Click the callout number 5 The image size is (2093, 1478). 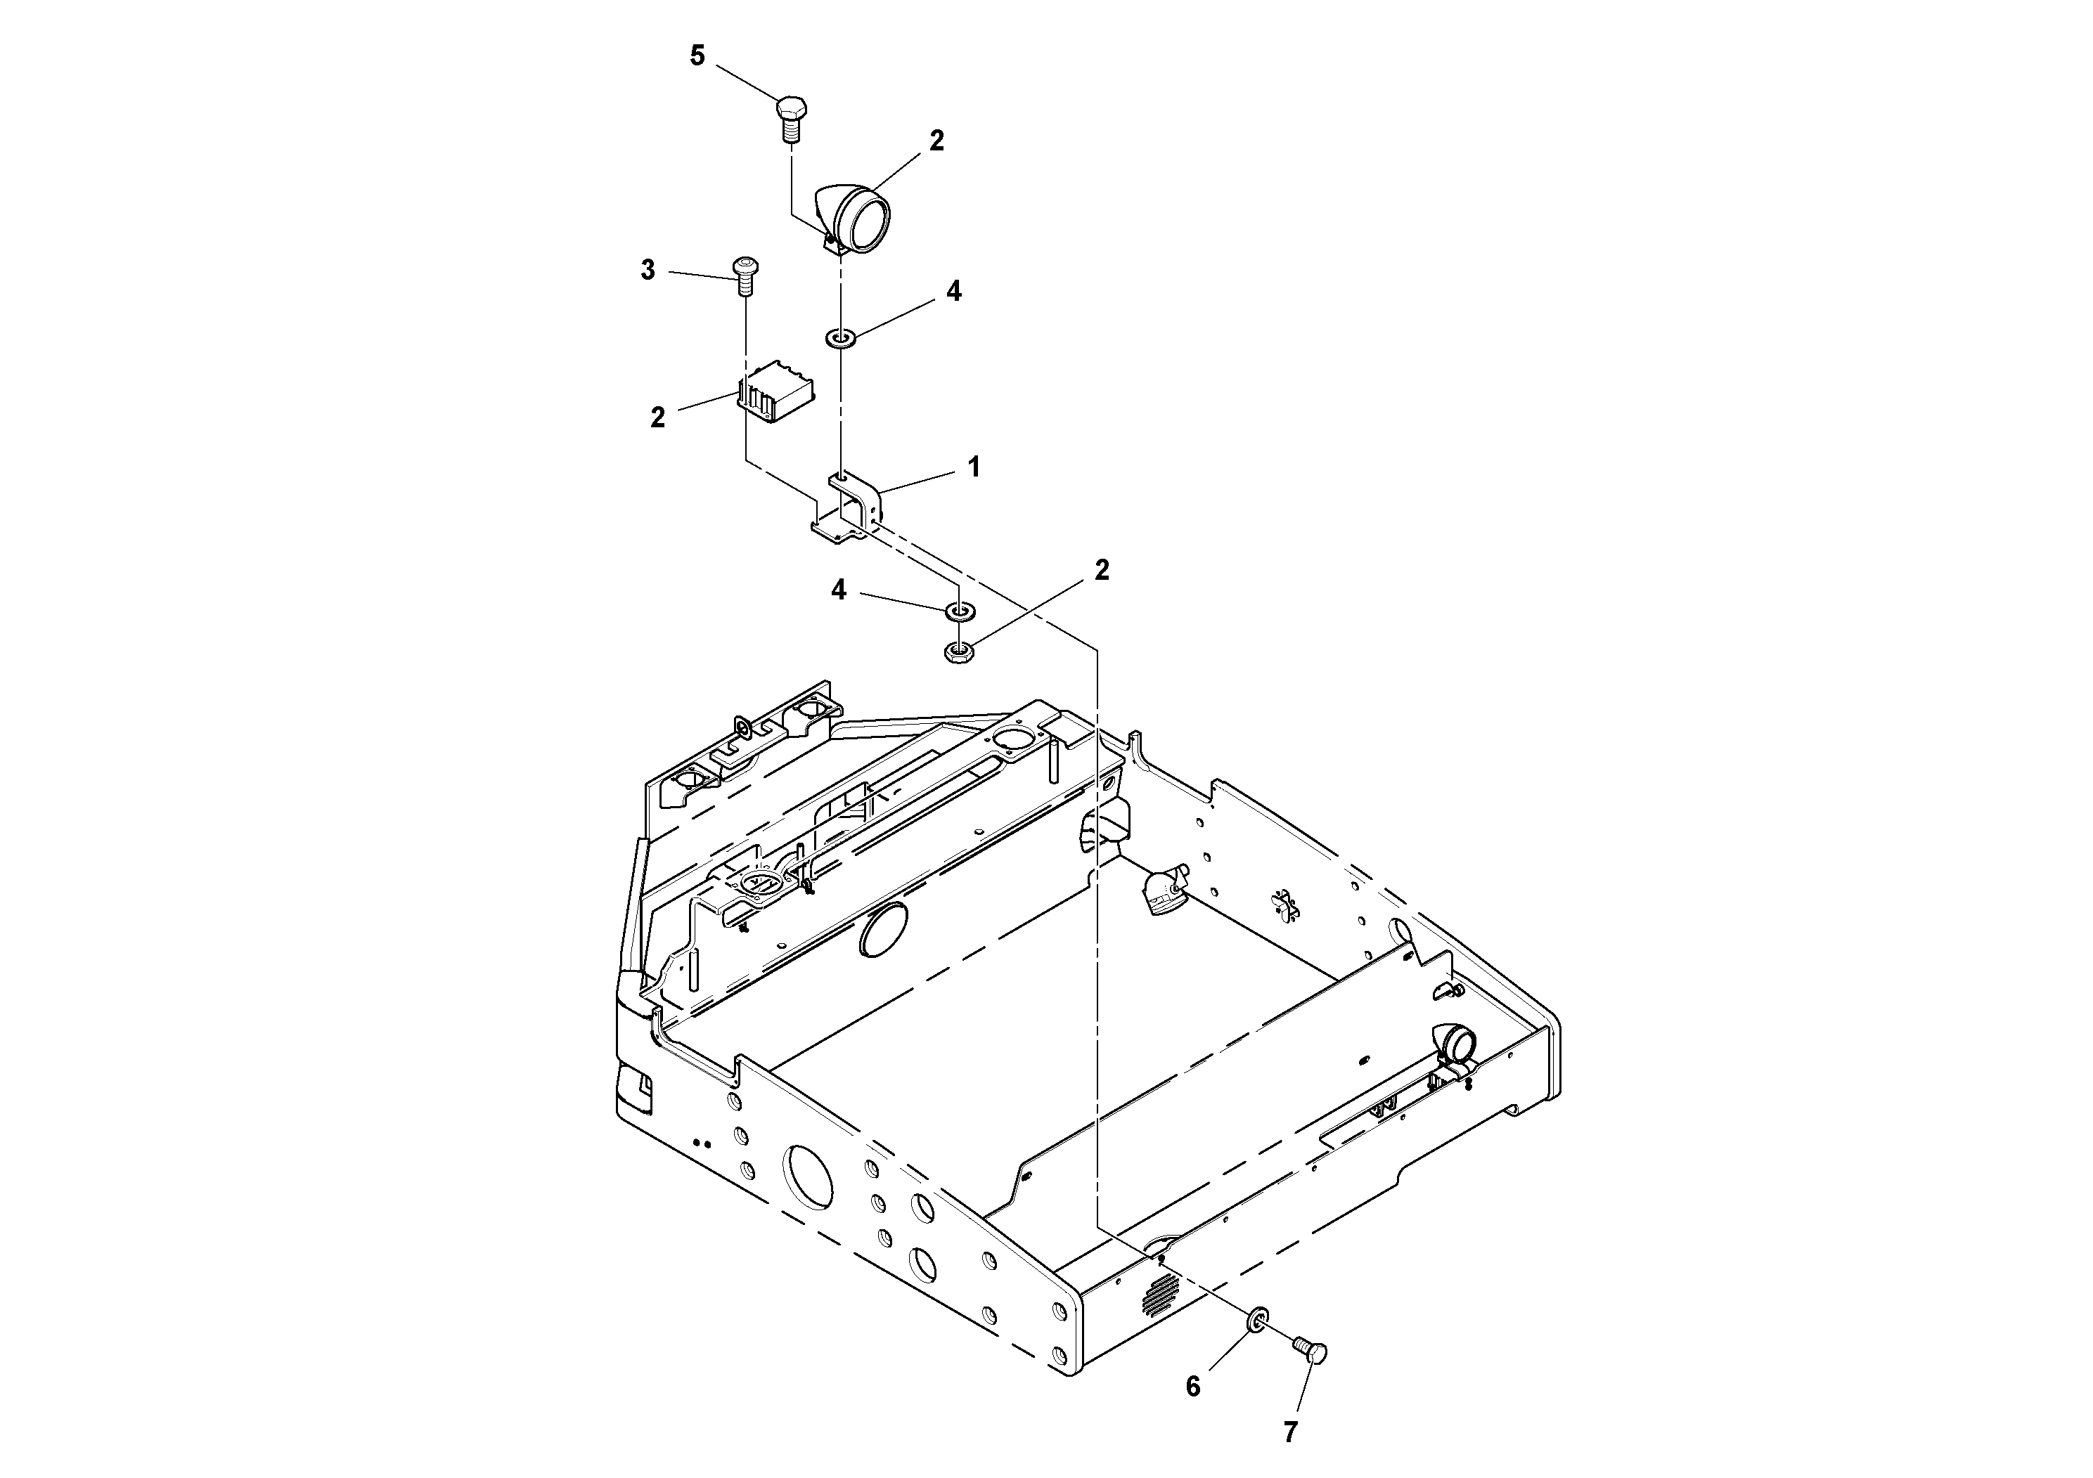697,56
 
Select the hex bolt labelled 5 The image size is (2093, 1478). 790,117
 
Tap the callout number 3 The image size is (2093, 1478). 648,271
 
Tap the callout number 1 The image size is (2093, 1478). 974,467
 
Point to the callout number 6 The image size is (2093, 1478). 1193,1387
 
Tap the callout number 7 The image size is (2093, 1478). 1290,1433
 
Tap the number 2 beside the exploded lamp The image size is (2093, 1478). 937,141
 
